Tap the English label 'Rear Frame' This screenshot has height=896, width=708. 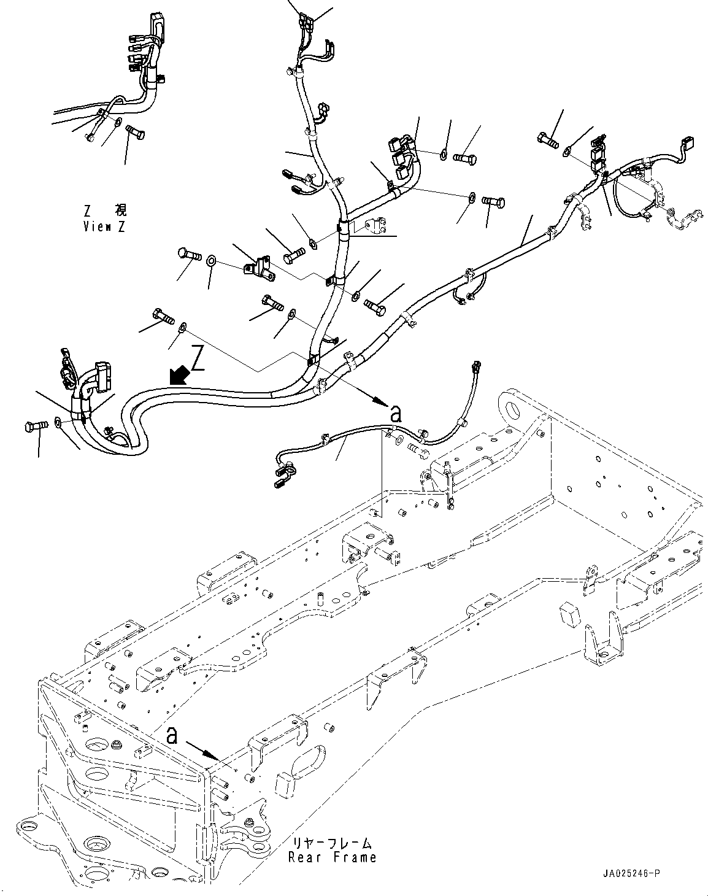pyautogui.click(x=332, y=857)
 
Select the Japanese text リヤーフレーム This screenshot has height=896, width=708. pyautogui.click(x=333, y=844)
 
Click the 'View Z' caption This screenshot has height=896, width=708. pyautogui.click(x=104, y=226)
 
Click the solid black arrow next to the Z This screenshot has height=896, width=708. pyautogui.click(x=179, y=375)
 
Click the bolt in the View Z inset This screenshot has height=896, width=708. pyautogui.click(x=135, y=132)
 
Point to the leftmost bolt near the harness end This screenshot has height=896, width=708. pyautogui.click(x=37, y=427)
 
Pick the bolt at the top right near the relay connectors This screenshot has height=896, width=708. pyautogui.click(x=548, y=139)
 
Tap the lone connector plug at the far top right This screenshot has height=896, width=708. pyautogui.click(x=687, y=143)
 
